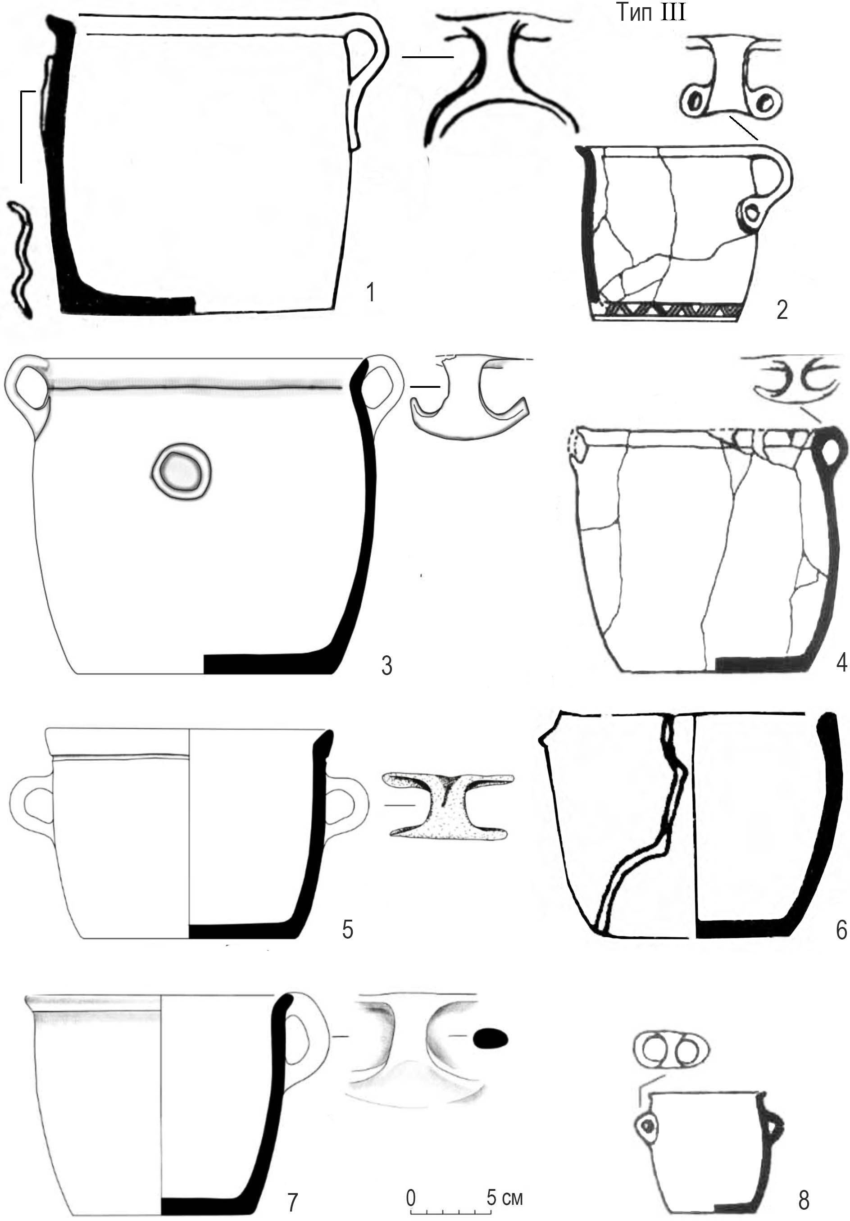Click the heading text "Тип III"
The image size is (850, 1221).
[x=651, y=12]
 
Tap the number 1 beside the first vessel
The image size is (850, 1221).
[x=371, y=292]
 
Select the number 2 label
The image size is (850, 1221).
[x=782, y=310]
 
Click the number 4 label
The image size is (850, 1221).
[x=841, y=663]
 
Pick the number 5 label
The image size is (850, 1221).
[x=347, y=929]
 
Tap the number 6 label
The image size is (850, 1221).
[x=841, y=930]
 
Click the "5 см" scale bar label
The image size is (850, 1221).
[x=505, y=1182]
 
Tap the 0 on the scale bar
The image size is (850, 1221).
[x=411, y=1183]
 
